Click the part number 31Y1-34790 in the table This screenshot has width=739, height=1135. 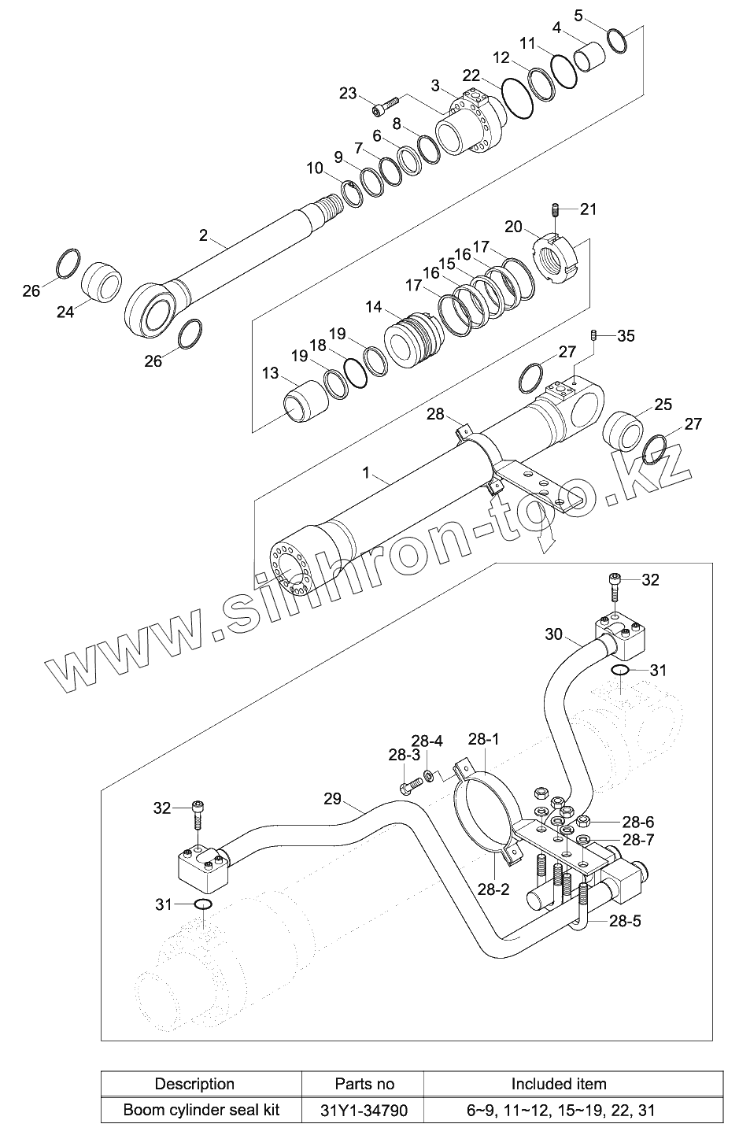tap(364, 1111)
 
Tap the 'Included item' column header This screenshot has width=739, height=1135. tap(558, 1084)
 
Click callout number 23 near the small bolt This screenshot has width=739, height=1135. tap(348, 93)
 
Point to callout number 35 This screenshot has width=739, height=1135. tap(626, 336)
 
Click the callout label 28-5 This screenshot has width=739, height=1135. tap(625, 920)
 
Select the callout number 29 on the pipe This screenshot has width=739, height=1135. tap(333, 799)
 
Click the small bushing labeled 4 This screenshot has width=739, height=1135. tap(593, 57)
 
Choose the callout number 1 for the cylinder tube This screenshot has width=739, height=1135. tap(366, 472)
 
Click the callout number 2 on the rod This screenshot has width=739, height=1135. tap(203, 235)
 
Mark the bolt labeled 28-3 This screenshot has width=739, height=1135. tap(407, 786)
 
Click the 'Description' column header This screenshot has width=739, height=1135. tap(194, 1084)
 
